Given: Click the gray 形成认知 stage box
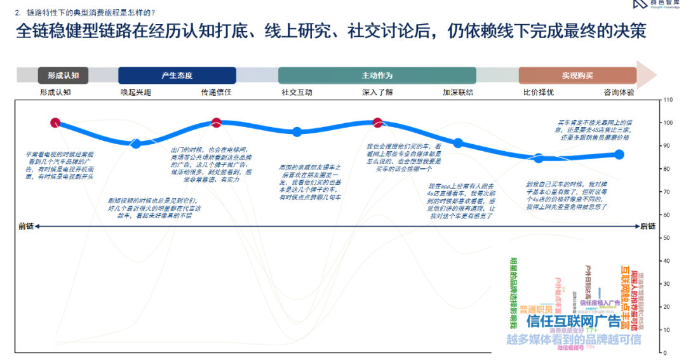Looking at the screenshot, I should [58, 76].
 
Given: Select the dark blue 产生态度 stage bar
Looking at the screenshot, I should [177, 76].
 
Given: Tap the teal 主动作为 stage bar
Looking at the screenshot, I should [377, 76].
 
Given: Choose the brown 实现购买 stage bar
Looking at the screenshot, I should [577, 76].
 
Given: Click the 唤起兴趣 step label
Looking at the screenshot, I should [136, 93].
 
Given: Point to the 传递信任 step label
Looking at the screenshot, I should [216, 93].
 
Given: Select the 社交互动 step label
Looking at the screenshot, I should [297, 93].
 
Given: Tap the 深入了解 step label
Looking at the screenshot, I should [377, 93].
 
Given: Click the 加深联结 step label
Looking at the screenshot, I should [458, 93].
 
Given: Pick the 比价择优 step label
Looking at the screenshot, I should [538, 93].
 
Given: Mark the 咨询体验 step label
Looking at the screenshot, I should [619, 93].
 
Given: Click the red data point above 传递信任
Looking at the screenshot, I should [216, 123].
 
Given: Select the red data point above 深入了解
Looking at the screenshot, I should [377, 123].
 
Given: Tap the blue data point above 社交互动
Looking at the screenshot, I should [297, 132].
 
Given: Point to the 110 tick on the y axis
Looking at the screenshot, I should [666, 100].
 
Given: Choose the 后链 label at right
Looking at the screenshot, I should [648, 226].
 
